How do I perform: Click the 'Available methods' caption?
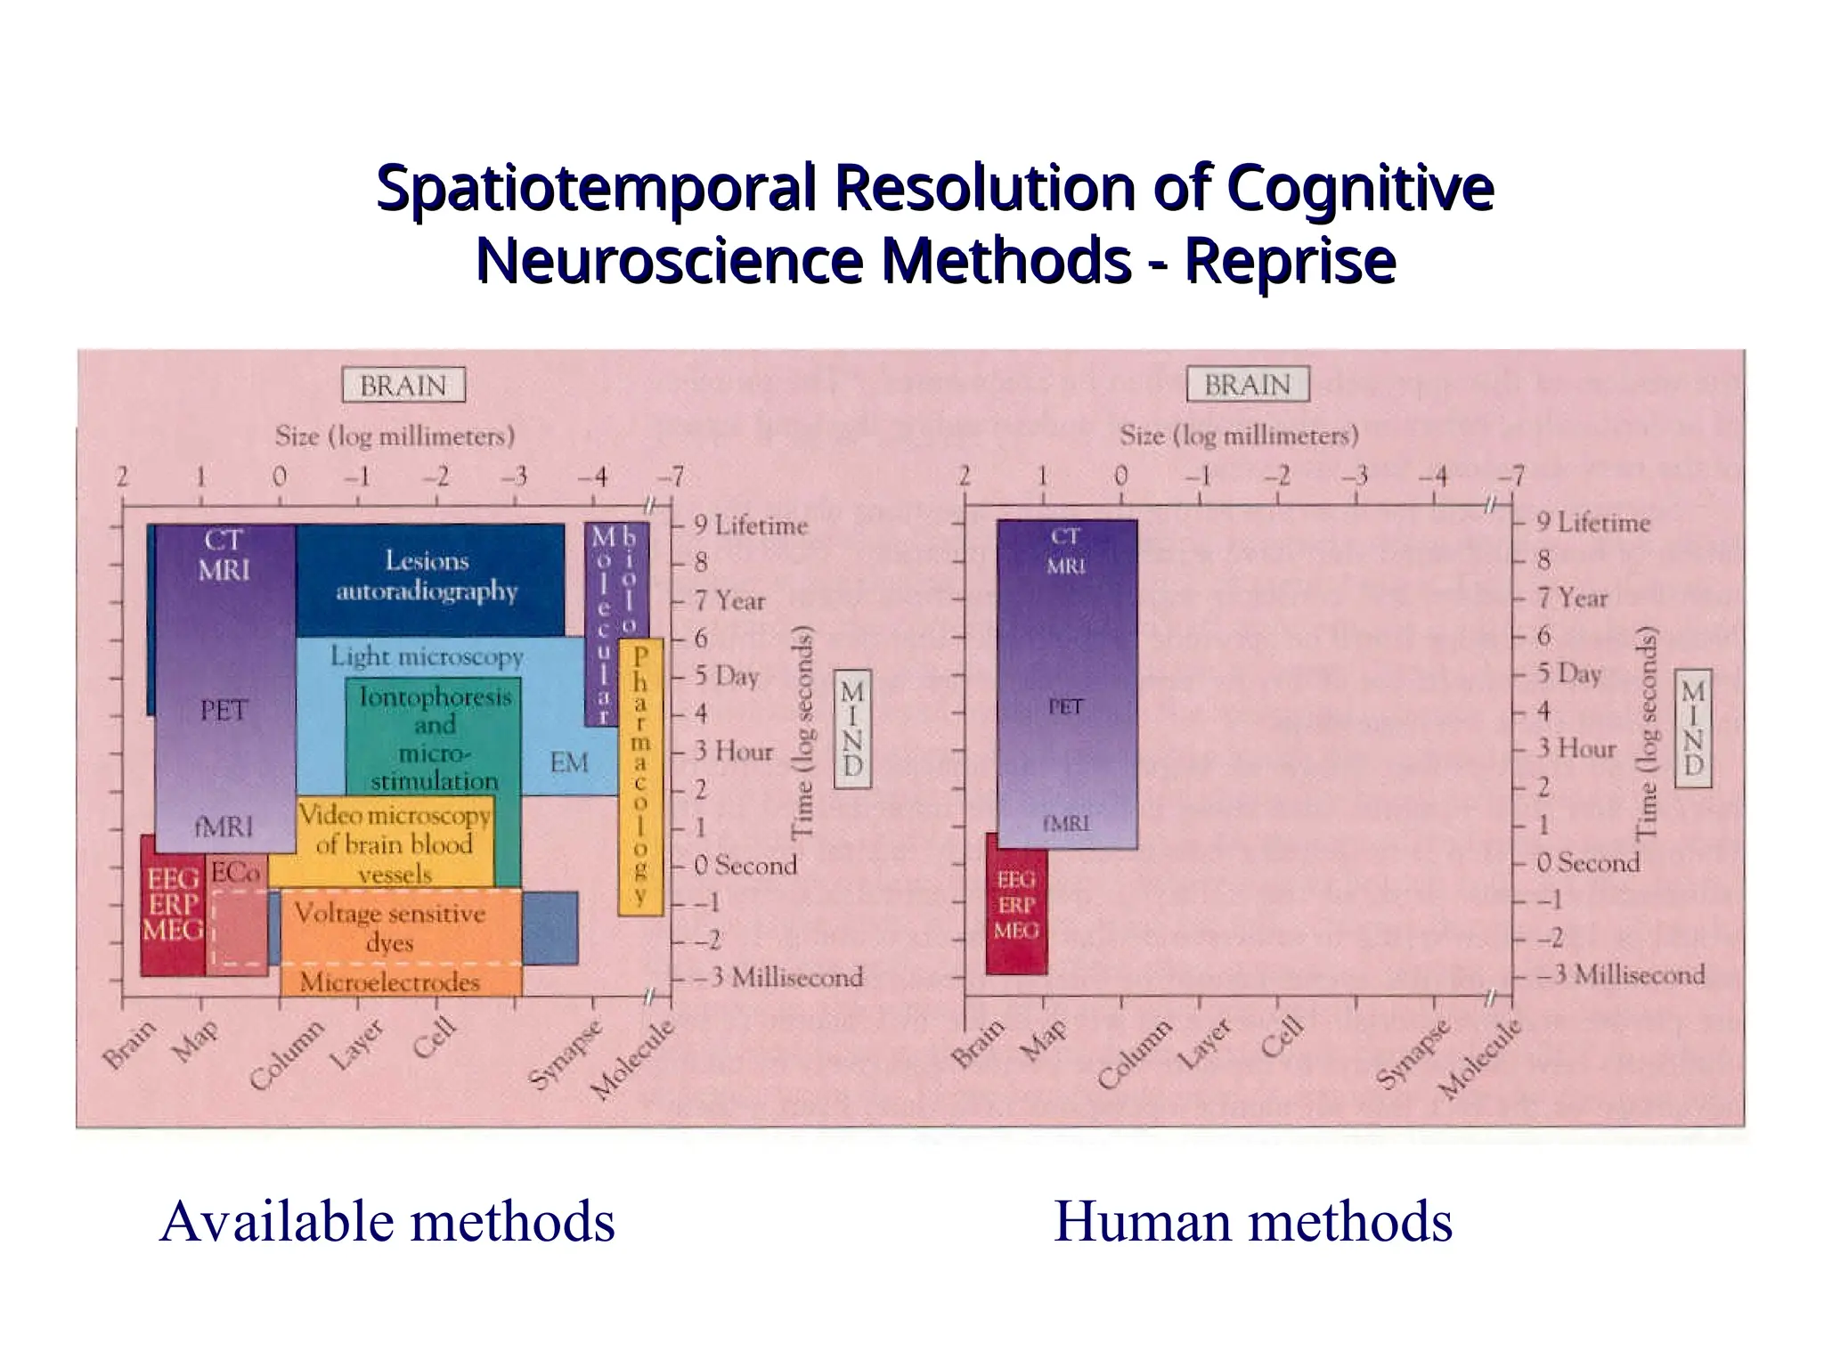coord(387,1221)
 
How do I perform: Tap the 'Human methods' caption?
coord(1253,1221)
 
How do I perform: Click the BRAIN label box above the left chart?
coord(403,386)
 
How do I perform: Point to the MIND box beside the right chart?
coord(1694,729)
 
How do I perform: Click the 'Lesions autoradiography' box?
coord(427,576)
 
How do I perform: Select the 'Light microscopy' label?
coord(427,656)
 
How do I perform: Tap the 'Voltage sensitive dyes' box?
coord(392,926)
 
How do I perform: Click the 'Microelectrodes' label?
coord(390,982)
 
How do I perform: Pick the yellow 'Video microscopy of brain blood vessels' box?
coord(395,843)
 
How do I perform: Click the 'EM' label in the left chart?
coord(569,762)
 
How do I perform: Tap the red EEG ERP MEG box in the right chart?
coord(1016,905)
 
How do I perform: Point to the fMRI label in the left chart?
coord(224,827)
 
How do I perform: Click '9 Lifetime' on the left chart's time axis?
coord(750,525)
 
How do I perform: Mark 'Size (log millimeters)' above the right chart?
coord(1239,436)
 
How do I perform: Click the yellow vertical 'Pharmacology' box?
coord(640,777)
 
